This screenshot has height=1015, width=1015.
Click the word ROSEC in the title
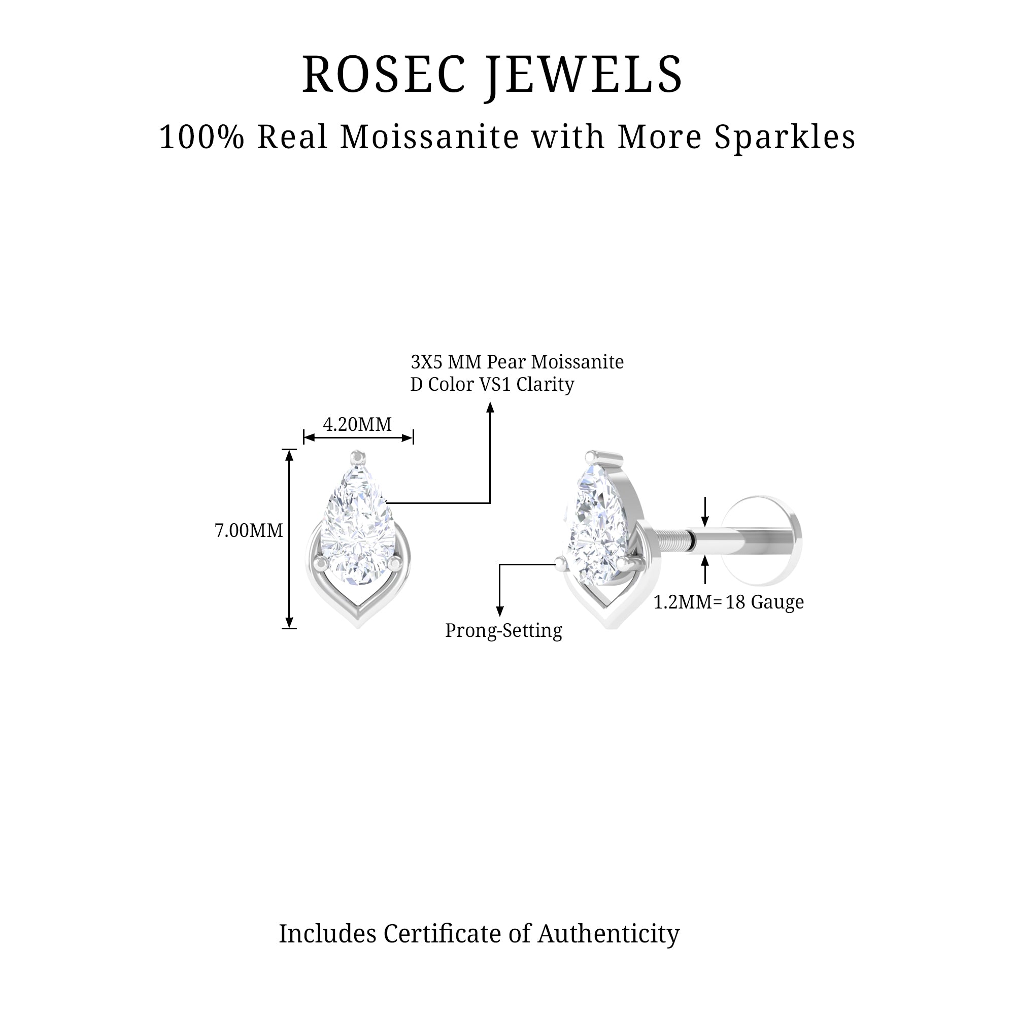[384, 75]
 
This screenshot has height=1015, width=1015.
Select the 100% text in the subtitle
[202, 137]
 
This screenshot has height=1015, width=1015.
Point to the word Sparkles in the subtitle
[785, 138]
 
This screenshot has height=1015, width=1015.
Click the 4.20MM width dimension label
[357, 424]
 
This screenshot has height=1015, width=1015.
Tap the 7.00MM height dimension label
[249, 531]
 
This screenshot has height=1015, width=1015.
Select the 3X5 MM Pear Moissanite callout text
[517, 362]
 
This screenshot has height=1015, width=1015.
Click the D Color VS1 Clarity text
[492, 385]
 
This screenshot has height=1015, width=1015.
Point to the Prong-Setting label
[503, 630]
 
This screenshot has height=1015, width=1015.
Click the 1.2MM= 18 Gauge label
[728, 602]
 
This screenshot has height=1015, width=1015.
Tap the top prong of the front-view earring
[358, 456]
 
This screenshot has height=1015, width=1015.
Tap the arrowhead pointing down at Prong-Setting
[499, 611]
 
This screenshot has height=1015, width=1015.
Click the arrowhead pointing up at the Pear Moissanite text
[490, 407]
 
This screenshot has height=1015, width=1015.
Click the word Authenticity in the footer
[608, 934]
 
